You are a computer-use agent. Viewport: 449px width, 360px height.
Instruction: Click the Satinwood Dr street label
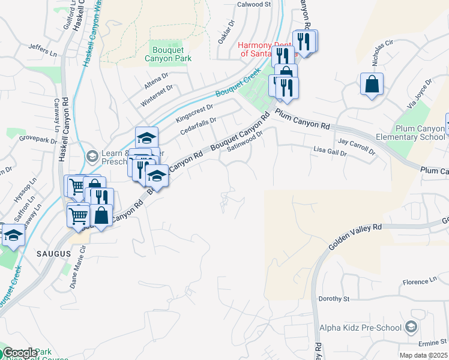tap(246, 145)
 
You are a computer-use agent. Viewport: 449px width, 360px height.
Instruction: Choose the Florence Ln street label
tap(420, 281)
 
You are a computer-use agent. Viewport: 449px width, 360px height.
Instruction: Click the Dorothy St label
tap(334, 298)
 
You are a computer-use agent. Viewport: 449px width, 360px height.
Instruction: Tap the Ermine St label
tap(430, 342)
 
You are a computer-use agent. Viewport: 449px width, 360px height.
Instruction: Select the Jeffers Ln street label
tap(42, 50)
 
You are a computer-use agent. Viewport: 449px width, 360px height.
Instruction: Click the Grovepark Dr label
tap(37, 139)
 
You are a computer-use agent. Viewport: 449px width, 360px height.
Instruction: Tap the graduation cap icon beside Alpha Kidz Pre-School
tap(411, 327)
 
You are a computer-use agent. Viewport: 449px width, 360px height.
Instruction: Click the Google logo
tap(19, 353)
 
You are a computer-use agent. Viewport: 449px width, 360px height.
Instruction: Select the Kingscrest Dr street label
tap(194, 114)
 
